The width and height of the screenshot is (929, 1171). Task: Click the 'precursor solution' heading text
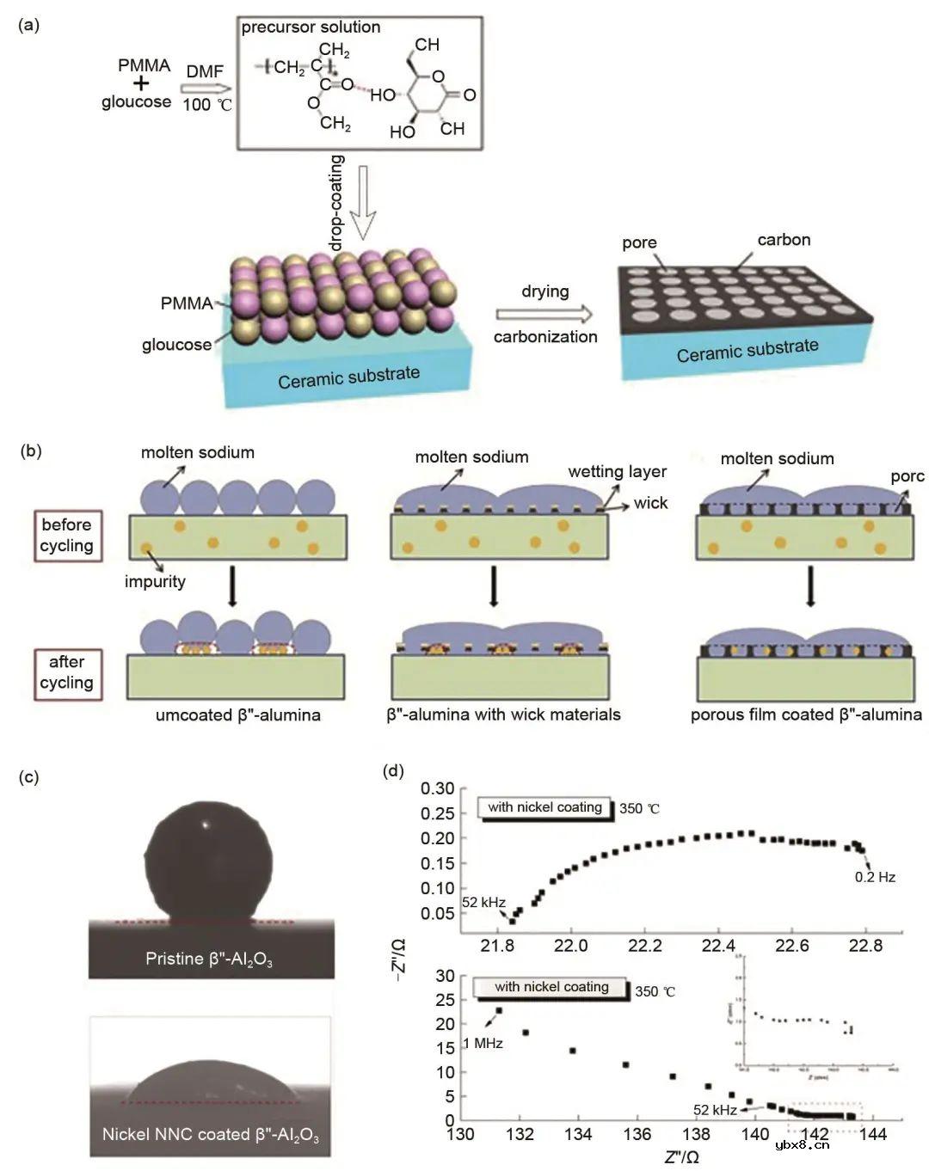311,27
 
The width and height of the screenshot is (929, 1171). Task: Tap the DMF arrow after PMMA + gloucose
207,88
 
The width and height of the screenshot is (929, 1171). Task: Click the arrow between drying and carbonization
544,314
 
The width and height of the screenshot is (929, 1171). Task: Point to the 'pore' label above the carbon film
639,242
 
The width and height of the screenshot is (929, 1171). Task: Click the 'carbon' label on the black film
784,240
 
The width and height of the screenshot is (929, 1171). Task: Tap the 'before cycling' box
66,535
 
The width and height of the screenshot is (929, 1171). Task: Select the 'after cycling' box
66,672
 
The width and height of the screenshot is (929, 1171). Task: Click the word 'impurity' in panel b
155,581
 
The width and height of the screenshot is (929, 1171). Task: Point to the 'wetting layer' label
617,471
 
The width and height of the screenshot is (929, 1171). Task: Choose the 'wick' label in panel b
650,503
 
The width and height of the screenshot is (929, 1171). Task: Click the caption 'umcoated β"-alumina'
238,715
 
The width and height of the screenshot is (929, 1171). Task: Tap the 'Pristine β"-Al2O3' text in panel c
209,959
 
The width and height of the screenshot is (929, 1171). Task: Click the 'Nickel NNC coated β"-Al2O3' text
210,1135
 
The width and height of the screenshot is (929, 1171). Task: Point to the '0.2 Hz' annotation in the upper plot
875,877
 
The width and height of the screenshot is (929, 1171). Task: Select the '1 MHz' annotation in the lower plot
482,1043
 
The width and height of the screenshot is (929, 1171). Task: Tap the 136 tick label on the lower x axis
637,1134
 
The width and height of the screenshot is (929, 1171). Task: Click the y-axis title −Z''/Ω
397,960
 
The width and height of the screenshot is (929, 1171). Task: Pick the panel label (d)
393,771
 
